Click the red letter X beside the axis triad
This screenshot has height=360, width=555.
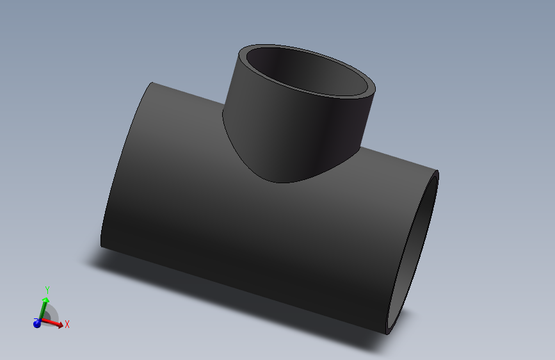67,325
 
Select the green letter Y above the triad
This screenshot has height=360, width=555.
47,290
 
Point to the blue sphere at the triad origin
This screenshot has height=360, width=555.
37,324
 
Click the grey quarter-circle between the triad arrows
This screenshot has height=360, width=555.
51,315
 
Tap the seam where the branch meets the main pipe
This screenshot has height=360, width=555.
282,183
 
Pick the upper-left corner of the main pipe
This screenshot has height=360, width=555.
151,83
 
